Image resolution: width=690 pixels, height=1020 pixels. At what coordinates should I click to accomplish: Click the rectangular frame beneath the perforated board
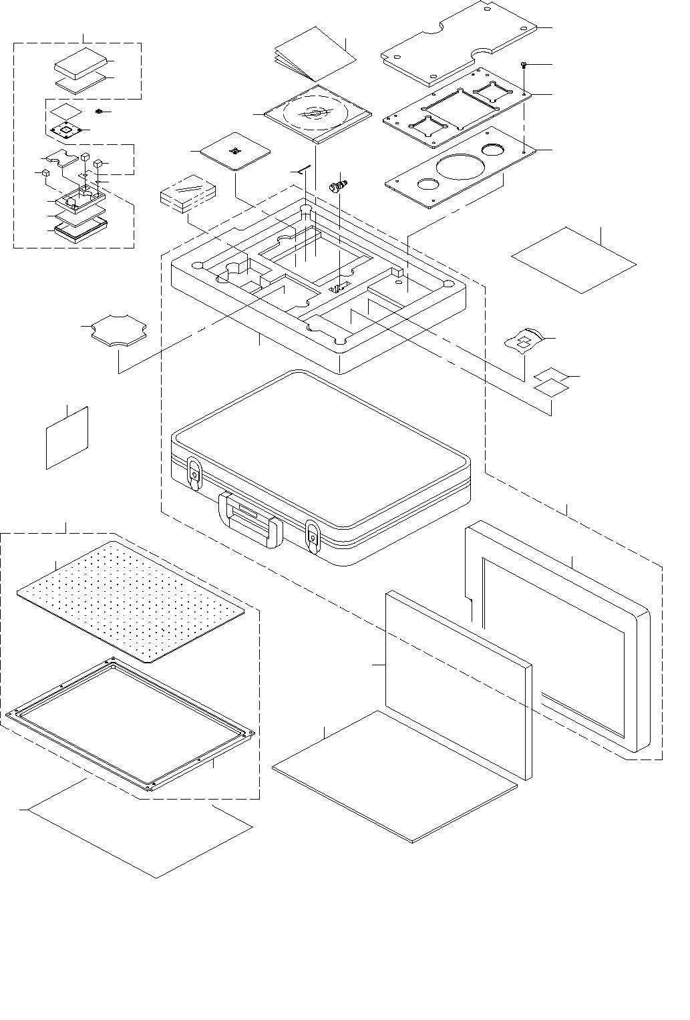[130, 725]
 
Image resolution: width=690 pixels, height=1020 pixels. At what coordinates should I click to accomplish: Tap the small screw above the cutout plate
[524, 65]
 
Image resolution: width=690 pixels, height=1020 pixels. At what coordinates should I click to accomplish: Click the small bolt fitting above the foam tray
[340, 183]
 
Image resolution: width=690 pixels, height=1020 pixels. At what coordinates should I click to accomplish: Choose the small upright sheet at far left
[67, 438]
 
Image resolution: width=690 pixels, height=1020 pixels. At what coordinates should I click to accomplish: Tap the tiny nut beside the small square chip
[98, 111]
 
